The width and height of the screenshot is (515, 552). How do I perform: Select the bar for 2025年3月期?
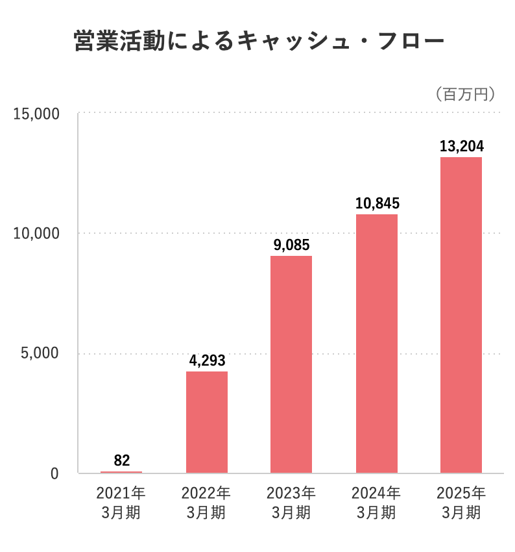coord(461,315)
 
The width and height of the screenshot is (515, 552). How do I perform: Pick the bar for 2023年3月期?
coord(291,364)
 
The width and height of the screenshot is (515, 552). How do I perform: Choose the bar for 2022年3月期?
coord(207,422)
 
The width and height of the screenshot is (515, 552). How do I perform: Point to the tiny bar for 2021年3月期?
coord(121,472)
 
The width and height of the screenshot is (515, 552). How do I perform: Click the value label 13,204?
coord(461,146)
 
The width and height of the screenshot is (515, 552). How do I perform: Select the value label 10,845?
coord(377,203)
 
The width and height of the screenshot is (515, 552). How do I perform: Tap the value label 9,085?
coord(291,245)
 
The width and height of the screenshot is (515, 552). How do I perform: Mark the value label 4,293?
coord(207,360)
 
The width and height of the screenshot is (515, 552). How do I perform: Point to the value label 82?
coord(121,460)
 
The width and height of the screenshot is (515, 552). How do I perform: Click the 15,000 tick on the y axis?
coord(36,114)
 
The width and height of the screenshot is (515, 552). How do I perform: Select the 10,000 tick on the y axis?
coord(36,233)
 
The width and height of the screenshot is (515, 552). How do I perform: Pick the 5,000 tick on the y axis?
coord(40,354)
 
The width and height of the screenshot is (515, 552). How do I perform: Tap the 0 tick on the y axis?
coord(54,474)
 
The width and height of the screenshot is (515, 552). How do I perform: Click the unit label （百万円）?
coord(466,94)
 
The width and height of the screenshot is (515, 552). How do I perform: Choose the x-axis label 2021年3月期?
coord(121,502)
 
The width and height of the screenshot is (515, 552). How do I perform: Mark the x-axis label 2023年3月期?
coord(291,502)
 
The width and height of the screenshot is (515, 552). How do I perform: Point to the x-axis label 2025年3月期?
coord(461,502)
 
